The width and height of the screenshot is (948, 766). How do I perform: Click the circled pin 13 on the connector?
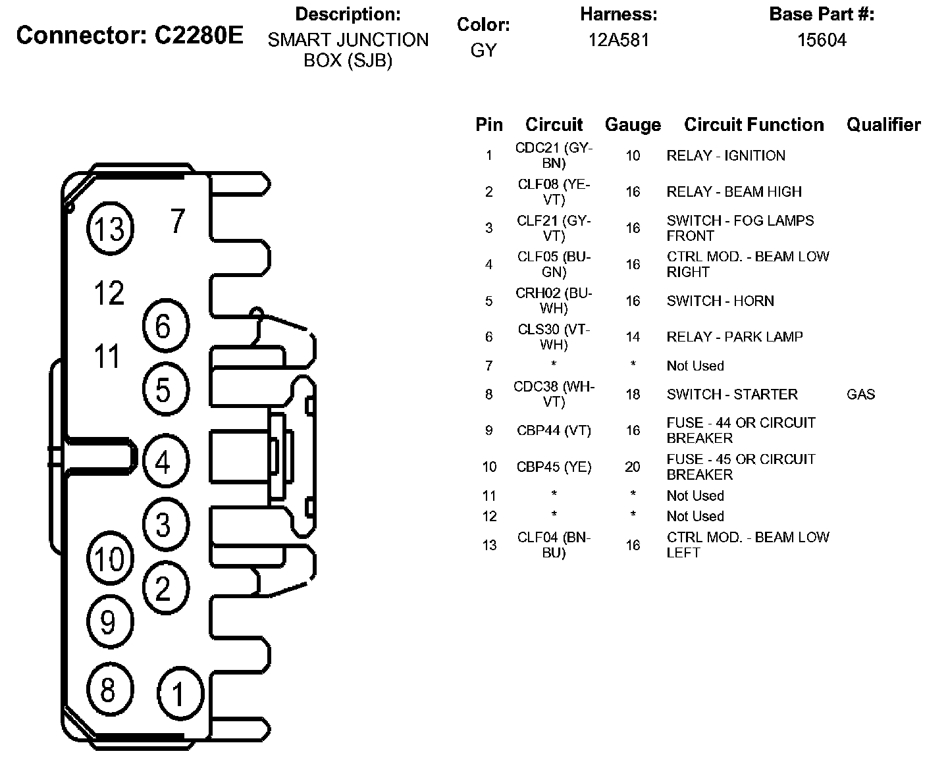coord(109,228)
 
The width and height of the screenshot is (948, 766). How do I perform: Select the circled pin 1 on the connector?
coord(179,694)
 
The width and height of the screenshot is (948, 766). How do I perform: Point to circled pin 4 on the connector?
coord(164,461)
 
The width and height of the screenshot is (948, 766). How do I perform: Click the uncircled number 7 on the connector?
coord(178,221)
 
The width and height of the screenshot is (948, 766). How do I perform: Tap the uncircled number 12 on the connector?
coord(109,293)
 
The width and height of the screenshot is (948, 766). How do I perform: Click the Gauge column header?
coord(632,125)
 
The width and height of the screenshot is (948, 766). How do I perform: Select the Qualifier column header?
coord(883,124)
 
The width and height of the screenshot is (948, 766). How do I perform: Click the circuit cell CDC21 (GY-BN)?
coord(554,156)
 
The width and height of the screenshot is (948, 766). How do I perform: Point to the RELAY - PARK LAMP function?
coord(735,337)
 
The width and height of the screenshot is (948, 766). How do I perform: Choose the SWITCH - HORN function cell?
coord(720,301)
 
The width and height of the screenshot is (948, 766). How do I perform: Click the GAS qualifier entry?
coord(860,395)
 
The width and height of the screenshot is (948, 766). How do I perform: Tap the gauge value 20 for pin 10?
coord(632,467)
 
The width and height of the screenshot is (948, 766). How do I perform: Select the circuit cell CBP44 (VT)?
coord(554,431)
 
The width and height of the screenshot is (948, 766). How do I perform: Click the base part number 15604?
coord(822,40)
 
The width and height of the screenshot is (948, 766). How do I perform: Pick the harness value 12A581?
coord(618,40)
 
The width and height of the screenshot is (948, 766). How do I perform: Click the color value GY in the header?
coord(483,50)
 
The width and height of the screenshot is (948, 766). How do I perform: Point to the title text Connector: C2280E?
coord(130,36)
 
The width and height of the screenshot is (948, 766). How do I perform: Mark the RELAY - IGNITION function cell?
coord(725,156)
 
